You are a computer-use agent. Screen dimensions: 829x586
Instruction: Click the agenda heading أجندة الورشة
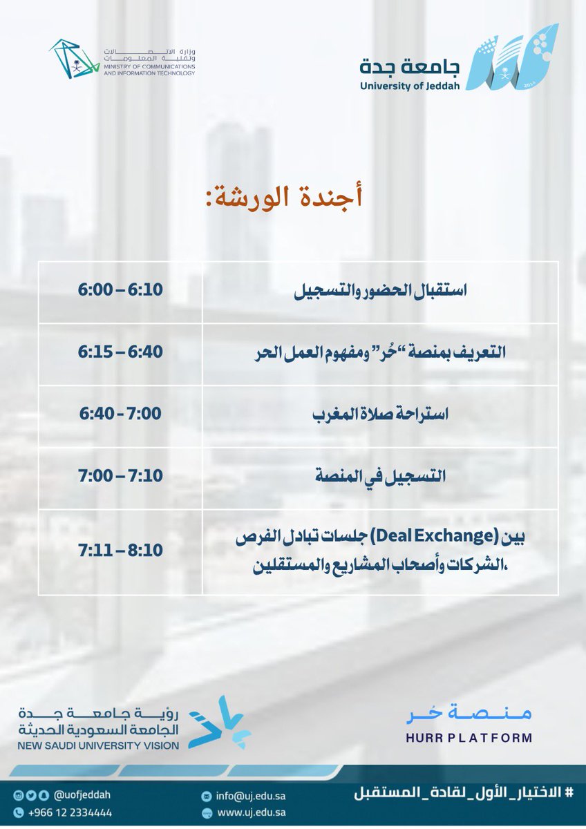pos(284,197)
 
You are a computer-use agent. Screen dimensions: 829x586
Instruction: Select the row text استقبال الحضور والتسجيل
pos(381,291)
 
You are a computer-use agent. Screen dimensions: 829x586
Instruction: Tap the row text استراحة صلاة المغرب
pos(381,414)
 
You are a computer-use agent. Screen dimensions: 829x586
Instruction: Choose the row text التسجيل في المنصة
pos(381,477)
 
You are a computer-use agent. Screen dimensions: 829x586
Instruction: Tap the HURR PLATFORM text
pos(469,738)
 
